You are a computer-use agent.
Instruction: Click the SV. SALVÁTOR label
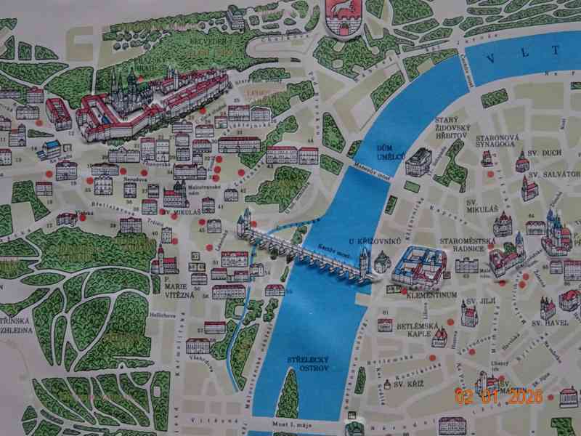click(553, 175)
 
